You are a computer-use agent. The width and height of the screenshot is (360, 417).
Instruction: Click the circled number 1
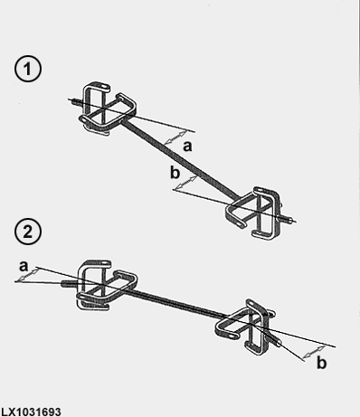coord(28,70)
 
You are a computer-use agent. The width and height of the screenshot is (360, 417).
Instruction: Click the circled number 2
coord(28,232)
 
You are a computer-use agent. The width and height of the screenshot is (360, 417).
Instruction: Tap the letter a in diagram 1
coord(187,147)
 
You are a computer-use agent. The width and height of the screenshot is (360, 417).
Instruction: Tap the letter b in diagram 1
coord(175,173)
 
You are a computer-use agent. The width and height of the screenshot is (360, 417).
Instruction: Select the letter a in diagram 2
coord(24,266)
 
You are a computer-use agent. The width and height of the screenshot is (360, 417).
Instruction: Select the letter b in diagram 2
coord(322,363)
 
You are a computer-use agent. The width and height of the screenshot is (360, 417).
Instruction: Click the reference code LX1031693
coord(31,412)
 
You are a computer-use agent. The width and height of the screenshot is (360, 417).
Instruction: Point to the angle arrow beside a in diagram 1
coord(175,137)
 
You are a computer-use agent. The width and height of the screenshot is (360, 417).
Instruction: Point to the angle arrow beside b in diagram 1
coord(186,183)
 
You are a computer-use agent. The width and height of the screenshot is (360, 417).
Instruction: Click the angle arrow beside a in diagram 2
coord(27,276)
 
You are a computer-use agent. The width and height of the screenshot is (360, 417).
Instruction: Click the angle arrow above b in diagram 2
coord(314,352)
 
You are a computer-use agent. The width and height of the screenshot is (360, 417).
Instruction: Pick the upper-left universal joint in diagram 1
coord(107,109)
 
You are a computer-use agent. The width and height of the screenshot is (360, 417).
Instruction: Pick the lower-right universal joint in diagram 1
coord(254,213)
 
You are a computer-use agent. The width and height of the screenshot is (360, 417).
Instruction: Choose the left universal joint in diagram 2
coord(107,285)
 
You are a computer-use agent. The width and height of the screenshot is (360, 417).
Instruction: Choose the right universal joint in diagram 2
coord(245,327)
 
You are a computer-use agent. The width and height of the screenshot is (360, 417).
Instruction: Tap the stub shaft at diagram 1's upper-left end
coord(75,101)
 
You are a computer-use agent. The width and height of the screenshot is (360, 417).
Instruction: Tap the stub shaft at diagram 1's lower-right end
coord(287,220)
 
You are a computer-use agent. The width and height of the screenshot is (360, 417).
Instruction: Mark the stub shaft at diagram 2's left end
coord(70,283)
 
